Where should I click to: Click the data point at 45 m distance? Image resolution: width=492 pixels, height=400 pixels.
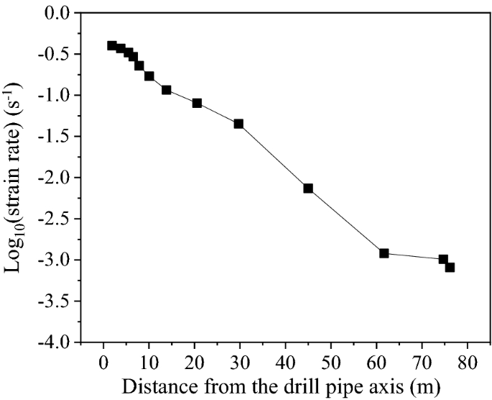[308, 188]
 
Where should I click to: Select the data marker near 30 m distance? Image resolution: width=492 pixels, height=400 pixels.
[238, 124]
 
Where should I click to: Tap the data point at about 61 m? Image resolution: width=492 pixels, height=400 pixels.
[384, 253]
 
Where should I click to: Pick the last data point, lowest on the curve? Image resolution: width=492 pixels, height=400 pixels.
[450, 267]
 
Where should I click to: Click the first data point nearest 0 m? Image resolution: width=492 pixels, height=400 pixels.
[112, 45]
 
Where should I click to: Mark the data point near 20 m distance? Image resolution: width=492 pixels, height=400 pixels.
[197, 103]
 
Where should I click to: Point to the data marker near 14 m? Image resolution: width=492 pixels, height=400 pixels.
[166, 90]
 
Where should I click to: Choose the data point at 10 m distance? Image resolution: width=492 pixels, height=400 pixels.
[149, 76]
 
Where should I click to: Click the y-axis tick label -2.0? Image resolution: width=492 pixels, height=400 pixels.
[59, 178]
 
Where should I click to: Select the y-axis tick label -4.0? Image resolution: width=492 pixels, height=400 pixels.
[59, 342]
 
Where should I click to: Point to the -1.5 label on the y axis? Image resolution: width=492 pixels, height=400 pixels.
[59, 137]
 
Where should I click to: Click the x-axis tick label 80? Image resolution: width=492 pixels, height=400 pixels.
[468, 360]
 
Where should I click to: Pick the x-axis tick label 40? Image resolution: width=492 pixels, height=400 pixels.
[286, 360]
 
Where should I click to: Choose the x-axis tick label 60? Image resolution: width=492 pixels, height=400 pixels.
[377, 360]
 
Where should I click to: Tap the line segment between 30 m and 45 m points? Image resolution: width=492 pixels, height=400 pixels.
[273, 156]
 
